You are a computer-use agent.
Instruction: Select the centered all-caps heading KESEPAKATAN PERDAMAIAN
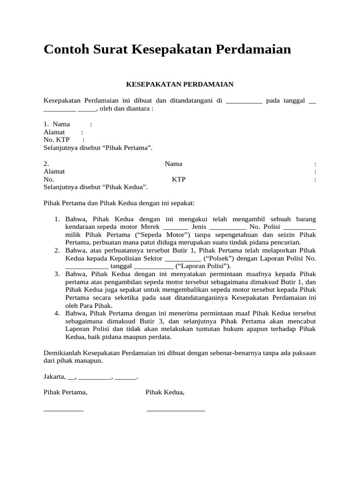click(x=180, y=84)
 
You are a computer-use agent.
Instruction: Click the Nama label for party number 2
click(x=173, y=164)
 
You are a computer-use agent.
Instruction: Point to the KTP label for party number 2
click(x=179, y=179)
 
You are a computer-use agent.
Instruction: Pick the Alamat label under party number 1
click(x=54, y=132)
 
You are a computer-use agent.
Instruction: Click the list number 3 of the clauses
click(x=57, y=274)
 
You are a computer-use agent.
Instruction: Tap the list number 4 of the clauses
click(x=57, y=313)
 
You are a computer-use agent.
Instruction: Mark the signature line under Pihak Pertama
click(x=63, y=410)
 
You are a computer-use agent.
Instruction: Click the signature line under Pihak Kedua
click(x=176, y=410)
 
